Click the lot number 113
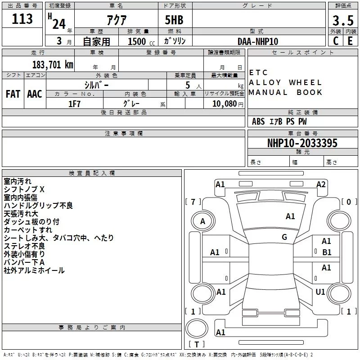pos(22,19)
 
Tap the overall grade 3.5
pos(343,21)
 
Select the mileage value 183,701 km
pos(53,65)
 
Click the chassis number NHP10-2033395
pos(302,143)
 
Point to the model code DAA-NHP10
pos(258,41)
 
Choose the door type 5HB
pos(174,20)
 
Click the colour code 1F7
pos(74,104)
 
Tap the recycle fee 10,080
pos(225,104)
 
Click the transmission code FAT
pos(13,94)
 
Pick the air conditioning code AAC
pos(35,94)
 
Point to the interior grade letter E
pos(350,41)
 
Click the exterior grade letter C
pos(336,41)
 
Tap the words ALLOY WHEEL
pos(285,82)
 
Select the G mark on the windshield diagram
pos(284,237)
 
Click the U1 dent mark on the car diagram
pos(320,292)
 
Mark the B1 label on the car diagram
pos(327,252)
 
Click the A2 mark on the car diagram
pos(321,184)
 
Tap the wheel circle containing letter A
pos(203,221)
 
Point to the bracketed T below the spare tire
pos(197,344)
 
